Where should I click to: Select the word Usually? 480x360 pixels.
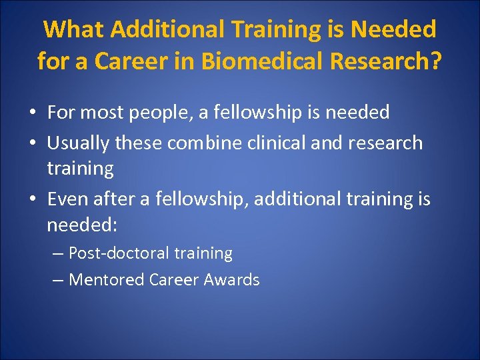pos(79,143)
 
